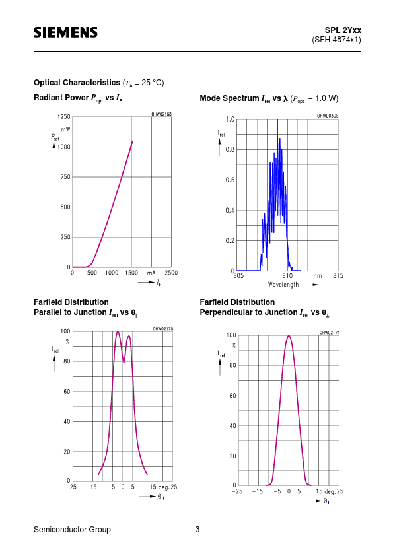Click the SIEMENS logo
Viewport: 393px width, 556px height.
[x=65, y=32]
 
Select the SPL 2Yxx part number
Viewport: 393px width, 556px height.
[x=343, y=30]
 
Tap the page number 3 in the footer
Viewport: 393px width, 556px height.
[x=197, y=530]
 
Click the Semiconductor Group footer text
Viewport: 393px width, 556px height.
[x=73, y=530]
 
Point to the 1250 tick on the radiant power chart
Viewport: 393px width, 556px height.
[x=64, y=117]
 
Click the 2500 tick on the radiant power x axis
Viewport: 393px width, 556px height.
[x=171, y=273]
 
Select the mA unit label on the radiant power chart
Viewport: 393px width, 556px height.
[x=151, y=273]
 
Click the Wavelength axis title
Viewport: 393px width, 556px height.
[x=283, y=285]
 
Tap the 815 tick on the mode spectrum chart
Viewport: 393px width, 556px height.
[x=338, y=275]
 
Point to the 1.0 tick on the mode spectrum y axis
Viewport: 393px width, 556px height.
[x=231, y=119]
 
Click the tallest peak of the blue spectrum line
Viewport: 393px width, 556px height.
[x=277, y=120]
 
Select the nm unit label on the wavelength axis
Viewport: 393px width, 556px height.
[x=318, y=276]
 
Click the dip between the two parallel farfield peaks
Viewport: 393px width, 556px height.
[x=124, y=362]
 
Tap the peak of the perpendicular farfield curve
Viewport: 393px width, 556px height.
[x=289, y=336]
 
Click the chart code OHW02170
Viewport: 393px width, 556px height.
[x=162, y=329]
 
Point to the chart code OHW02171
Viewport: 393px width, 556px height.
[x=329, y=333]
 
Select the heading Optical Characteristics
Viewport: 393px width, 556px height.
[x=77, y=83]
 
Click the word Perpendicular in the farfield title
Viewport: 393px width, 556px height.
[x=224, y=312]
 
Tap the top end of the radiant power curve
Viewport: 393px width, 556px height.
[x=133, y=141]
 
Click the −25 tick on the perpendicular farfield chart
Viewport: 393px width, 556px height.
[x=237, y=491]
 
